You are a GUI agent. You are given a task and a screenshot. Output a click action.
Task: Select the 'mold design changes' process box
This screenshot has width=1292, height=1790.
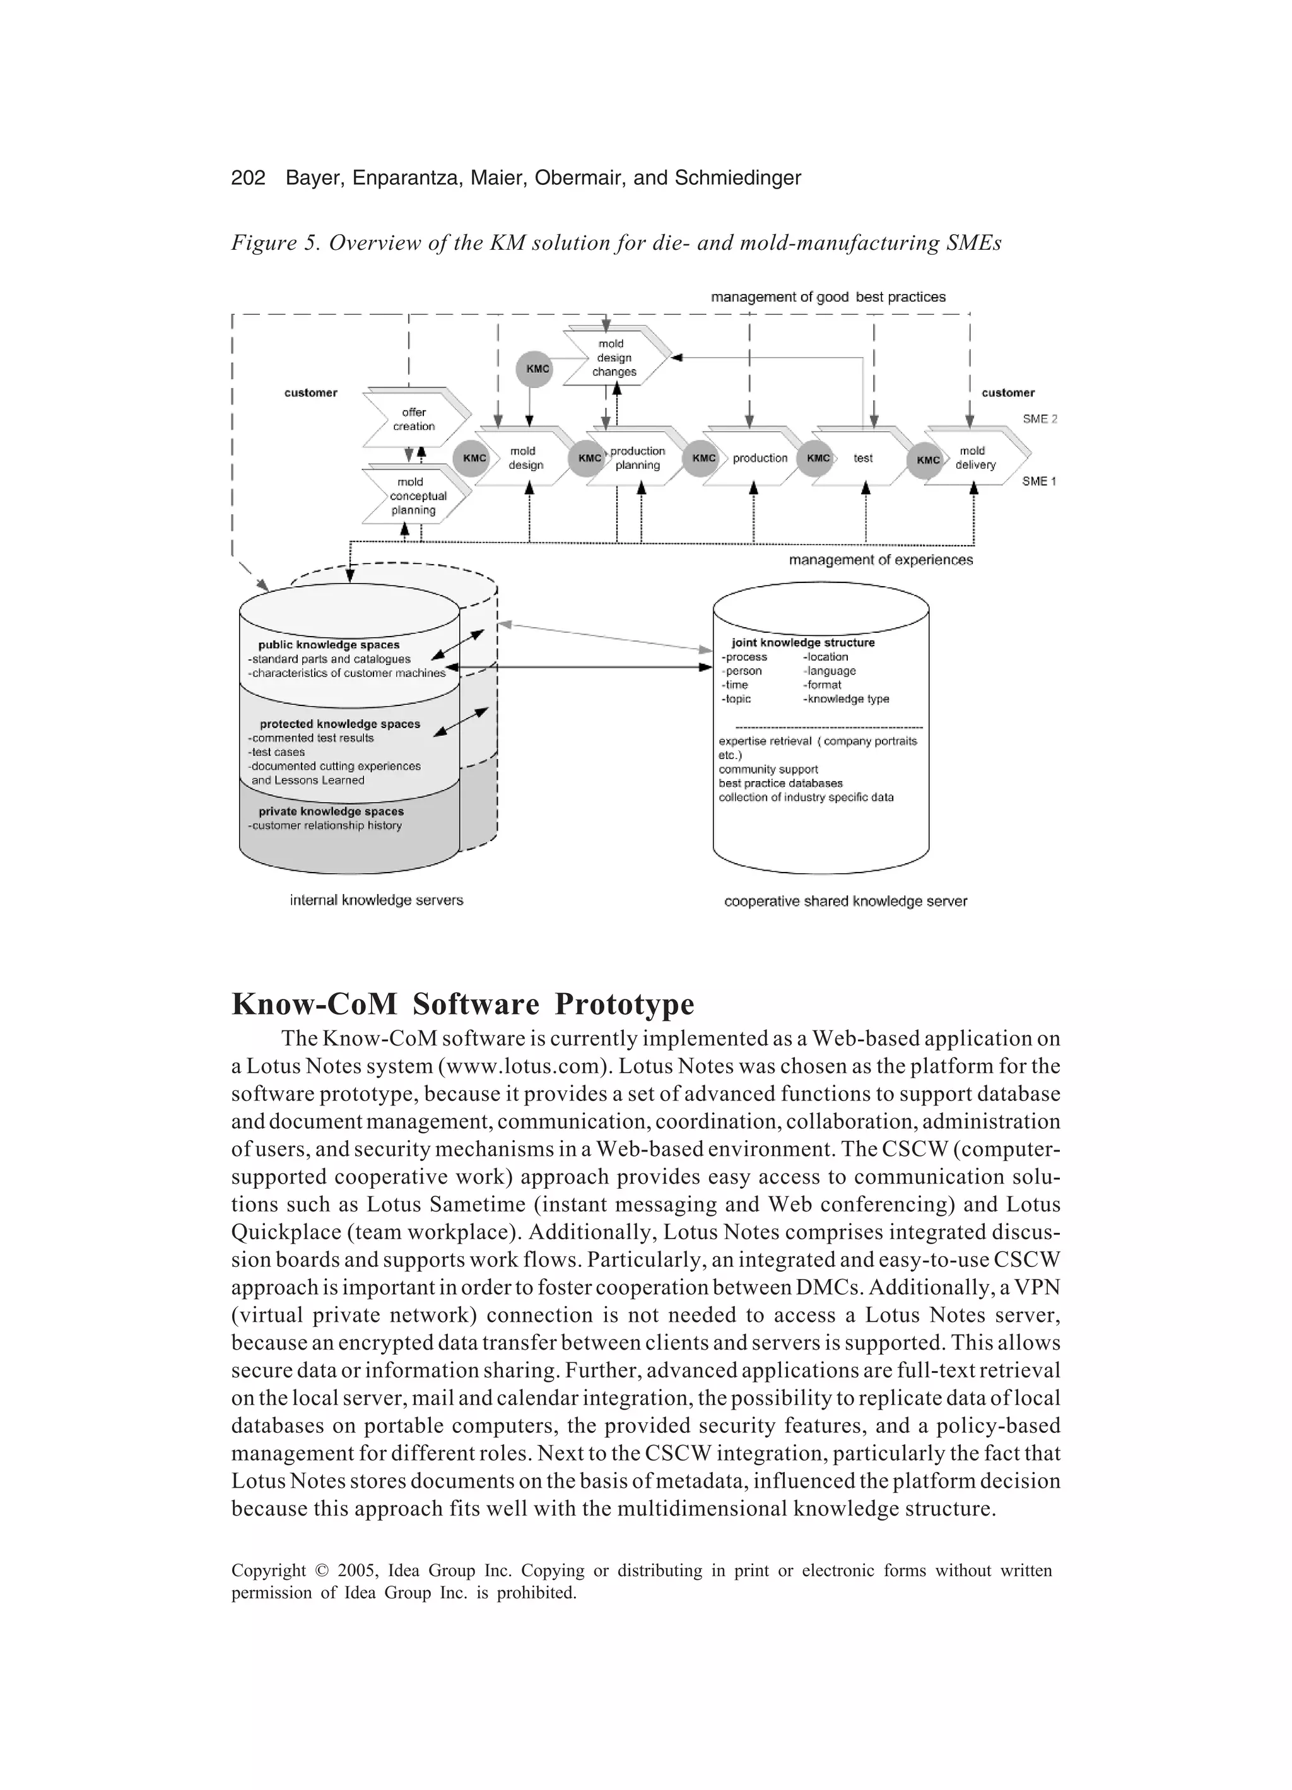coord(614,358)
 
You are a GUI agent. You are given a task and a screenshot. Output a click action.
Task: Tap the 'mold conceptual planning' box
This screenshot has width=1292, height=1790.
coord(413,496)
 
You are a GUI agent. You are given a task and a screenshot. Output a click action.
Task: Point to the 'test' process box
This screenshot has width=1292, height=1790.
coord(862,459)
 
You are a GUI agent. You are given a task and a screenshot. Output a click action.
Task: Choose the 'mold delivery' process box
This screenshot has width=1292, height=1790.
coord(975,458)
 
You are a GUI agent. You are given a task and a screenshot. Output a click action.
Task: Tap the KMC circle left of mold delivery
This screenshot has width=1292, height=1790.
coord(927,460)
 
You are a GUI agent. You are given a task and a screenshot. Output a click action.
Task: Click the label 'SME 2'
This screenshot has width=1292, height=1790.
coord(1040,419)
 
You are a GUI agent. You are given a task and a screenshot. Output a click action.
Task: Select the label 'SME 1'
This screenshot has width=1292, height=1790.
coord(1038,481)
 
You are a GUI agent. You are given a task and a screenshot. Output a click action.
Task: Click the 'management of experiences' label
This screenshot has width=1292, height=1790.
coord(880,560)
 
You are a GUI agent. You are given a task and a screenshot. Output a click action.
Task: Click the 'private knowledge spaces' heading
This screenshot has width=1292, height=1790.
coord(331,811)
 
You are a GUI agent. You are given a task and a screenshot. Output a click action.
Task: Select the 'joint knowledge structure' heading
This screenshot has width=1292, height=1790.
coord(802,642)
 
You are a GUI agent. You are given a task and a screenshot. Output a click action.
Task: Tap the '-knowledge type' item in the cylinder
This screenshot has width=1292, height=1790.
coord(846,699)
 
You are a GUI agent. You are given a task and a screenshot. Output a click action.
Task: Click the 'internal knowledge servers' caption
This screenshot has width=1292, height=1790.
coord(377,900)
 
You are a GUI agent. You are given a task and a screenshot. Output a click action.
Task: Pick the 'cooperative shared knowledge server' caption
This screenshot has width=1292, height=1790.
coord(845,902)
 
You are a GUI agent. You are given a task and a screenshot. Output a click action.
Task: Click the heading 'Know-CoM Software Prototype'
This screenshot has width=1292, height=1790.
coord(462,1004)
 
